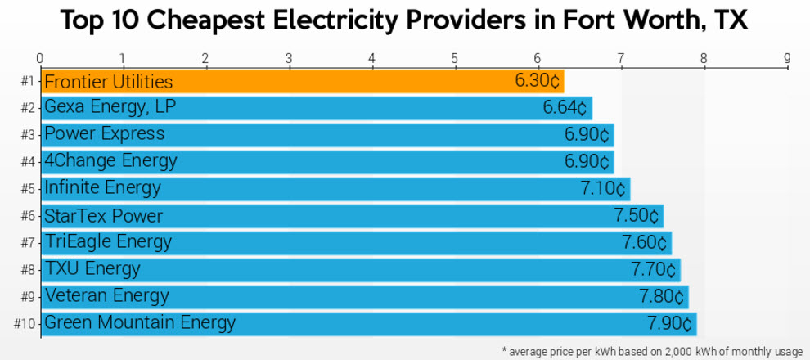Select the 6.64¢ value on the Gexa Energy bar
point(565,108)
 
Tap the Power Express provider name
point(104,134)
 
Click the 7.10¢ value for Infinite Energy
point(603,188)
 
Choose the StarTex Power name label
point(103,216)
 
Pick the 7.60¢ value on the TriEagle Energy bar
point(645,243)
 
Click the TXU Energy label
point(92,269)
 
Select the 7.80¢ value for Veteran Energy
point(661,296)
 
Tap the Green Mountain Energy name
point(139,323)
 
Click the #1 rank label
point(28,82)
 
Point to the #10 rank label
point(25,324)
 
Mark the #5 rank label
point(28,189)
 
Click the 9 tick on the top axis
point(787,58)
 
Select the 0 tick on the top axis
point(40,58)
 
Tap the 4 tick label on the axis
point(372,58)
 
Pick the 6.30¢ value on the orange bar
point(537,82)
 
